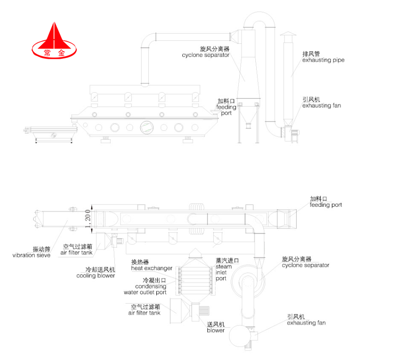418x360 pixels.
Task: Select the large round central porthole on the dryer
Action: point(147,127)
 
